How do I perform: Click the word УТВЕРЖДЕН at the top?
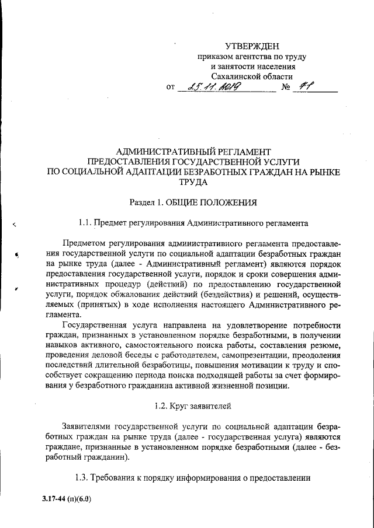(252, 46)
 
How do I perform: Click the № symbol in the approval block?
(286, 88)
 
